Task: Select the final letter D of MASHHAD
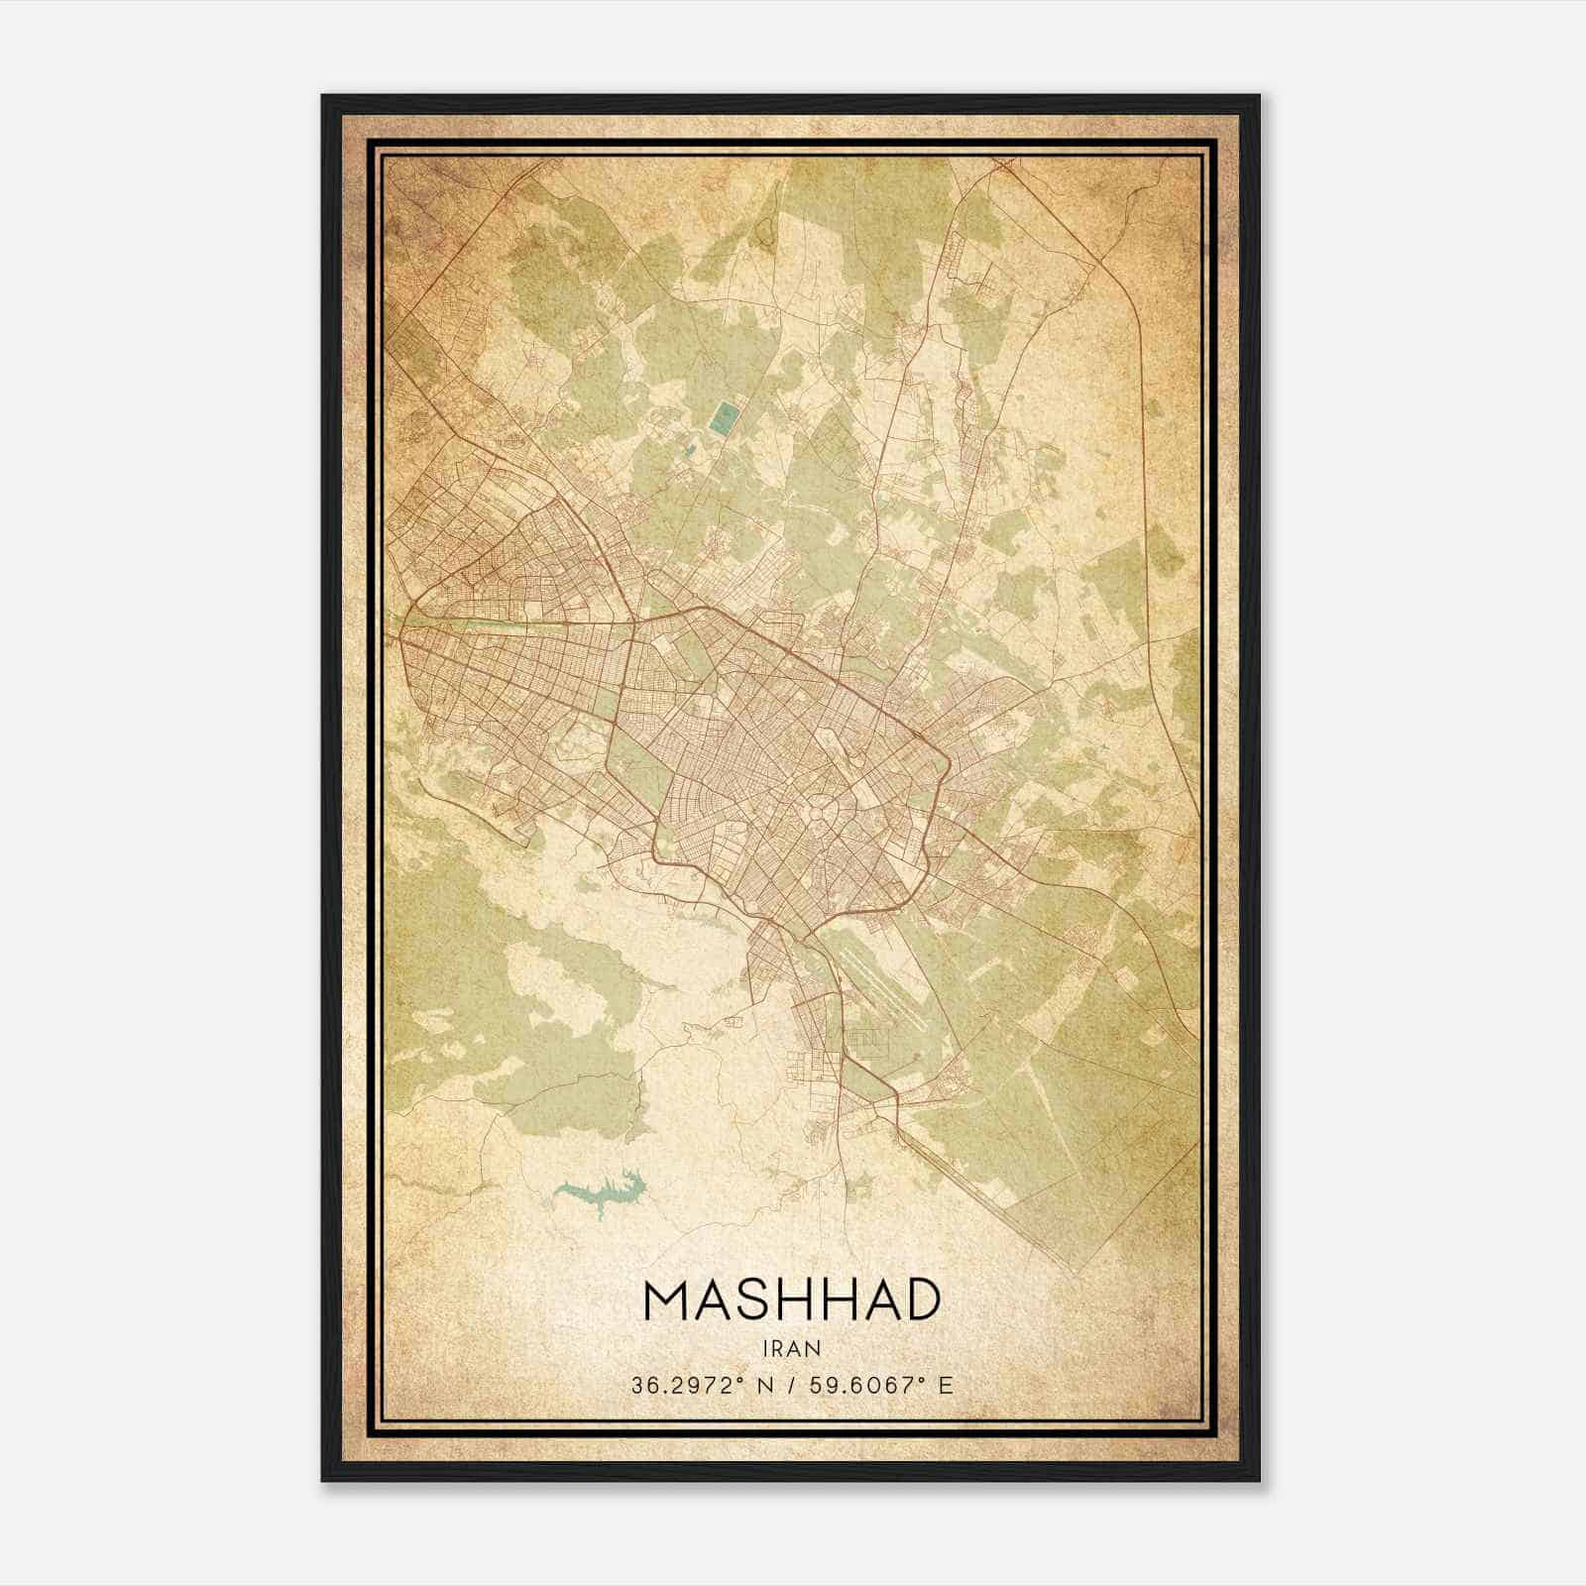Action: click(x=919, y=1301)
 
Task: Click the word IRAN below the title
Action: click(x=792, y=1348)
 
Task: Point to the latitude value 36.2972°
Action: click(x=685, y=1386)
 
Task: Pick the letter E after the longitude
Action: click(x=946, y=1386)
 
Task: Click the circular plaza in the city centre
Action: click(x=818, y=812)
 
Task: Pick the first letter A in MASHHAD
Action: click(x=715, y=1301)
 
